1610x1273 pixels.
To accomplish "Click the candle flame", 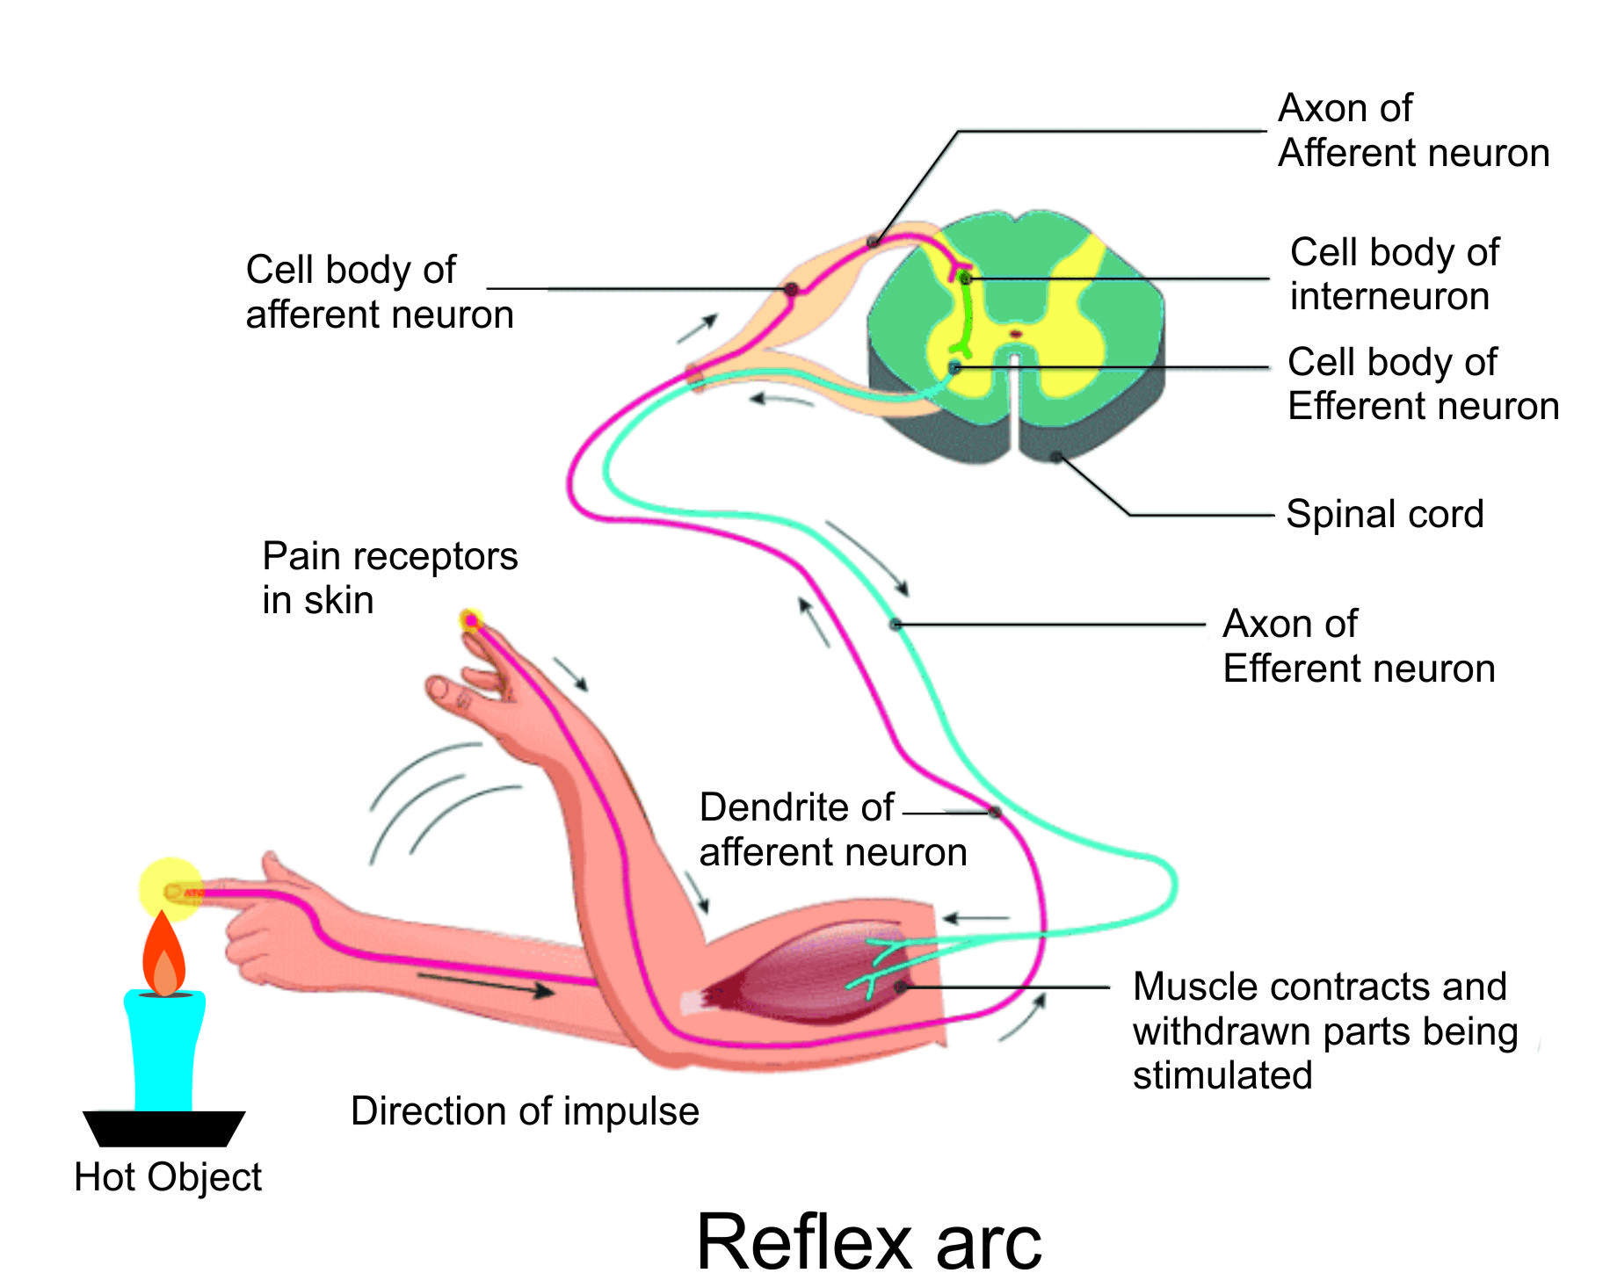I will pos(163,958).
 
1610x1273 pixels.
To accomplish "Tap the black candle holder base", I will pos(163,1128).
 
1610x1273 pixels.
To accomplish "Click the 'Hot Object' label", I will pos(167,1177).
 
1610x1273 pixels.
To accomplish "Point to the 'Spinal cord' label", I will pos(1384,514).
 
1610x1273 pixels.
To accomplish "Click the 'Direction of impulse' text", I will pos(525,1111).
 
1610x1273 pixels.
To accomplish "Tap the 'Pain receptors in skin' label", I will pos(389,578).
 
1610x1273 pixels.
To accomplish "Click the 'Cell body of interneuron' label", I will pos(1394,274).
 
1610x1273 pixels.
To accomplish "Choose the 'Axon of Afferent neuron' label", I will pos(1412,131).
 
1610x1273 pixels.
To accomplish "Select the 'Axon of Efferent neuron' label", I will pos(1358,647).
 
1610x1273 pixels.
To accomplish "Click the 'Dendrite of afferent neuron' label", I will pos(832,829).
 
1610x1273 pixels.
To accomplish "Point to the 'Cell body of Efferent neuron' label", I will pos(1422,384).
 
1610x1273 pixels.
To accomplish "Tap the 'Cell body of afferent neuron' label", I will pos(379,292).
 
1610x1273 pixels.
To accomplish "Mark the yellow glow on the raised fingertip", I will pos(471,621).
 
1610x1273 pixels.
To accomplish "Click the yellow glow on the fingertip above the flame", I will pos(170,889).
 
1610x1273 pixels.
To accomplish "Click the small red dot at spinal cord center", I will pos(1016,334).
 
